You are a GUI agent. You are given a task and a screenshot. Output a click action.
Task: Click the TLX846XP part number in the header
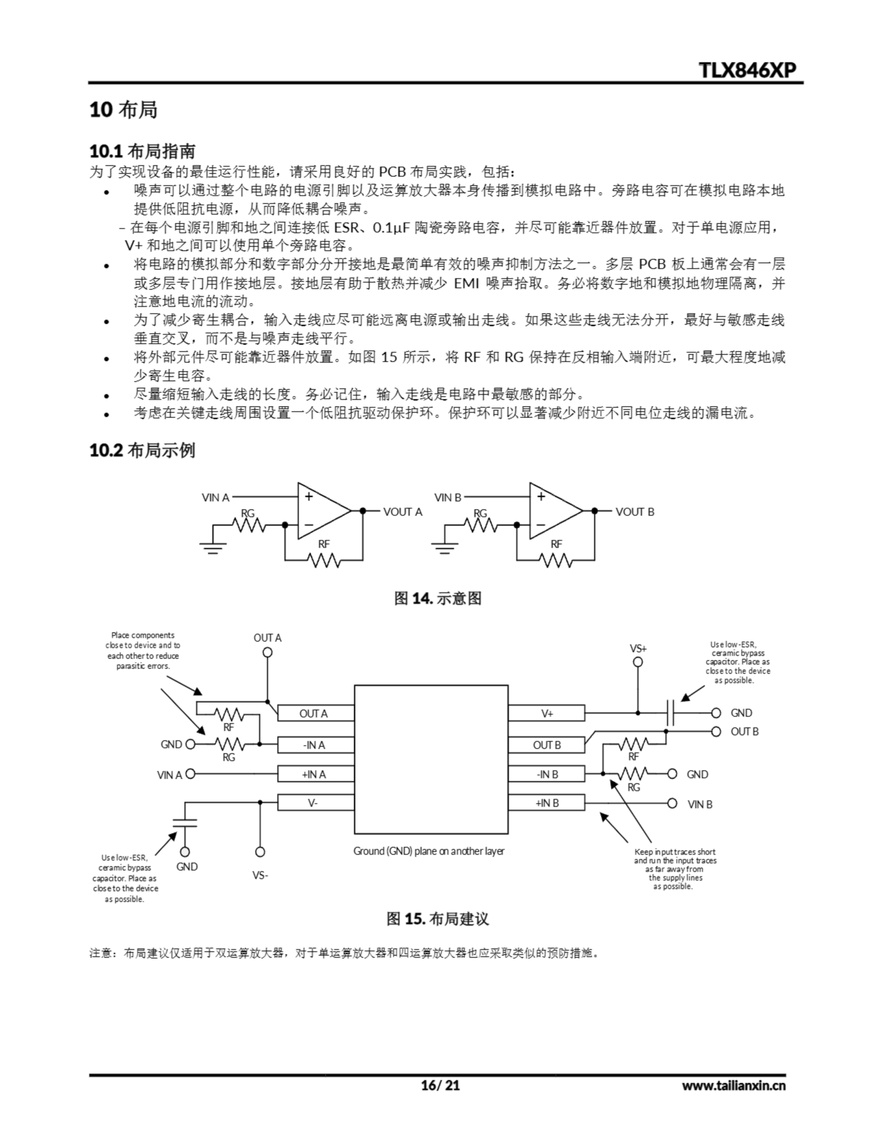point(747,70)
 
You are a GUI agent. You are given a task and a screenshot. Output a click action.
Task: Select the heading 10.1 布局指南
point(142,151)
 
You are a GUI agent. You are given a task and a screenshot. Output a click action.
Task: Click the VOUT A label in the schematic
point(403,512)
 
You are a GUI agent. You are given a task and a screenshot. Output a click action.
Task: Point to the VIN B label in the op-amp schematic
point(448,497)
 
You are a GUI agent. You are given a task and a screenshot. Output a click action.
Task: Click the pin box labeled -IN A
point(315,745)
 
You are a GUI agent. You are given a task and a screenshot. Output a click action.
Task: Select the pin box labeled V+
point(546,713)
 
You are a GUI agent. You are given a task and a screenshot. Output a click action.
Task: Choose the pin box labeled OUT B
point(546,745)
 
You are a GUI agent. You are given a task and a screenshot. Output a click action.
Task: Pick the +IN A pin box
point(315,774)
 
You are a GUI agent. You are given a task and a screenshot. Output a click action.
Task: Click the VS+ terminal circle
point(638,662)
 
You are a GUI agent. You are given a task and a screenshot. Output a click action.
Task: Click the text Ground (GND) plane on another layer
point(428,851)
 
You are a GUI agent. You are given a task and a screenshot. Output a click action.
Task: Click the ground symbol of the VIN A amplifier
point(213,547)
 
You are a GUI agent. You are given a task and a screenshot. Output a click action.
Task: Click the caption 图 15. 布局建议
point(437,919)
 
